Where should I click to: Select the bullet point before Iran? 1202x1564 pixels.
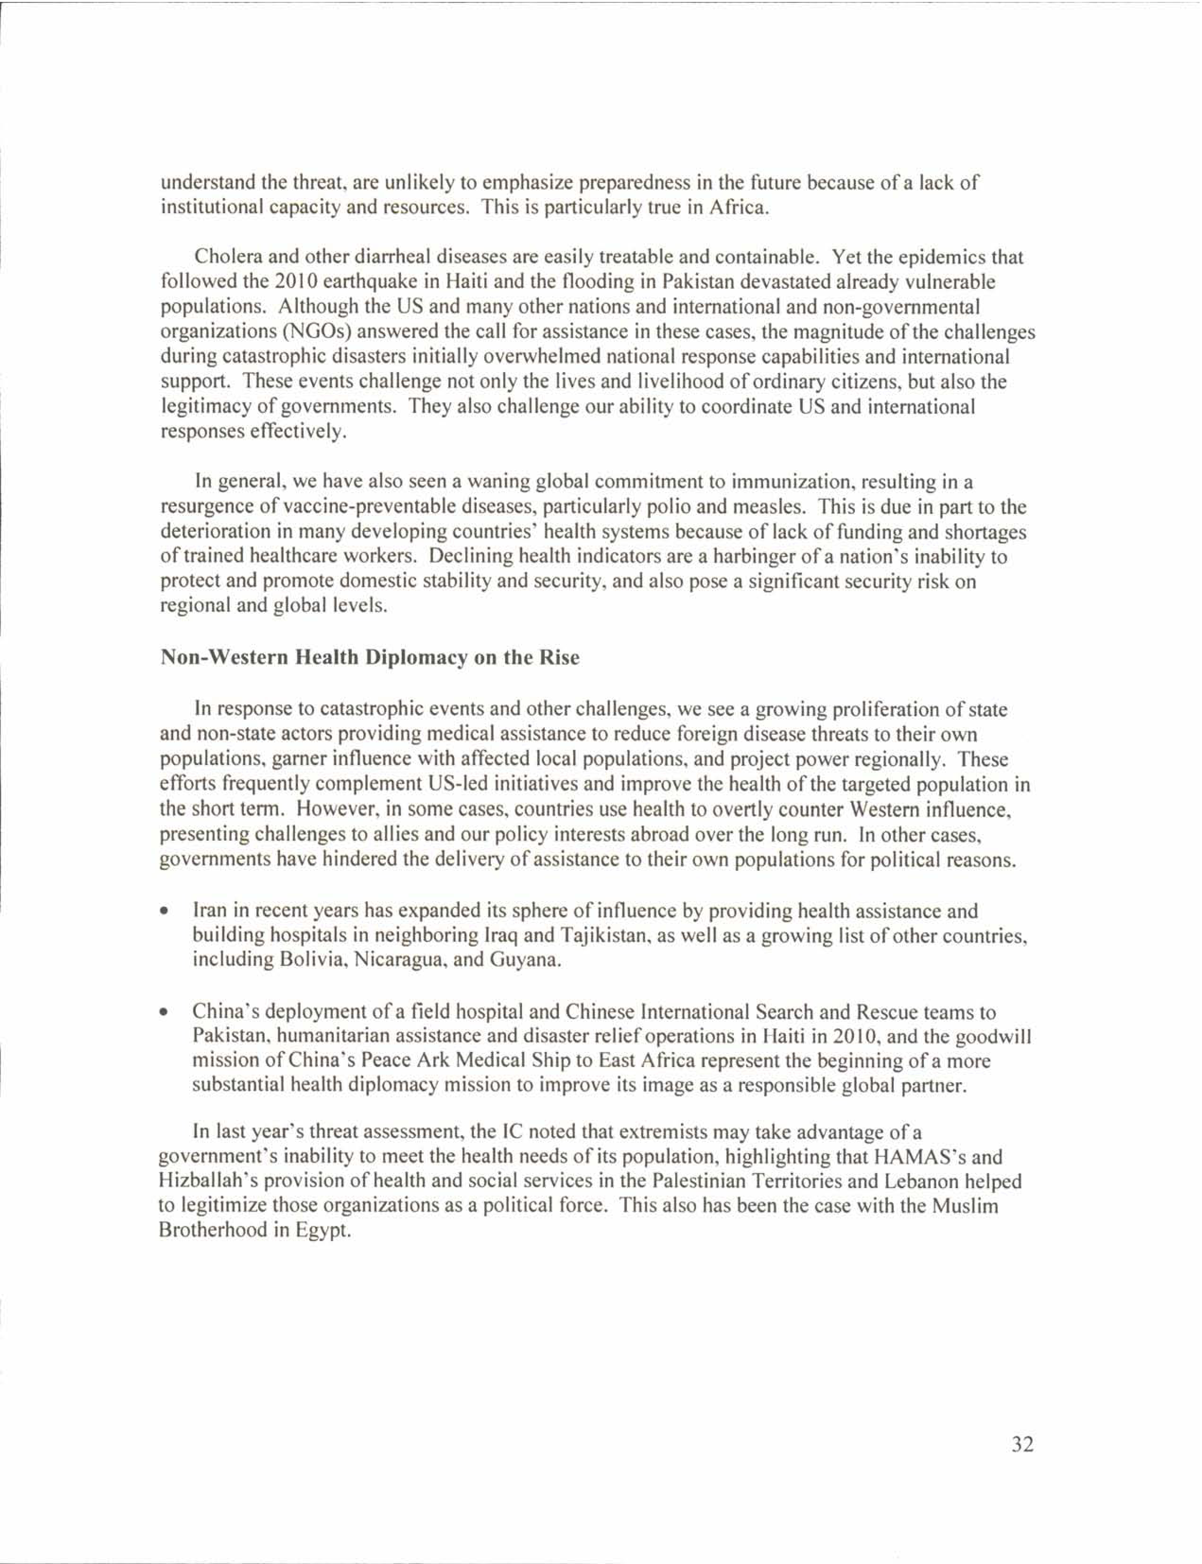click(165, 913)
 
